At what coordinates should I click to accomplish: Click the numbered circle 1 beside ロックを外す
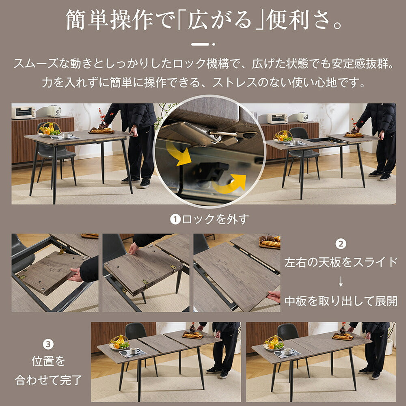tap(175, 220)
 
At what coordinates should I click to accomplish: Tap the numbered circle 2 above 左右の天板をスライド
tap(341, 244)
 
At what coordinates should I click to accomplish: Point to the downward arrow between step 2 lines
tap(341, 281)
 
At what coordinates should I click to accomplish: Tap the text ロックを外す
tap(214, 220)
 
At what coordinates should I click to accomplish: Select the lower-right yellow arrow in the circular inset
tap(230, 182)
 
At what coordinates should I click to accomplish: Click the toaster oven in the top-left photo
tap(23, 112)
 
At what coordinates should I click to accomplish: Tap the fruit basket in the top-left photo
tap(50, 129)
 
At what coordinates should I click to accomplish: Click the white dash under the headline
tap(200, 44)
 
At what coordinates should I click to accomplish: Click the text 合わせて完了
tap(48, 380)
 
